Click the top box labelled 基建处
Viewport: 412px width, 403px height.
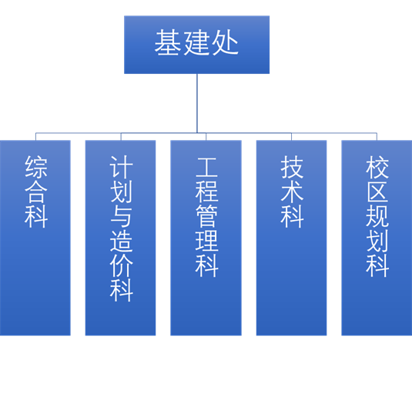point(197,45)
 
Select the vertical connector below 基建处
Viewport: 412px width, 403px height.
point(197,103)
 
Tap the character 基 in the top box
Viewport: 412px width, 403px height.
point(167,42)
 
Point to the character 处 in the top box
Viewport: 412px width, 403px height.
point(225,42)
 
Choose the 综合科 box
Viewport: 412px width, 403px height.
point(35,238)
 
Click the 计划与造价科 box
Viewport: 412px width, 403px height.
point(121,238)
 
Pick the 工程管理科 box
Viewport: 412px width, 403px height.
point(206,238)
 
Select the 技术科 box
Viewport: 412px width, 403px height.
point(291,238)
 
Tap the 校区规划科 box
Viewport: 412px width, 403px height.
point(377,238)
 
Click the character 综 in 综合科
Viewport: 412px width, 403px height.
point(36,167)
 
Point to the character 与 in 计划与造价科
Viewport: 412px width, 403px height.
point(121,216)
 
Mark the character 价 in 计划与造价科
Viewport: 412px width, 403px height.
point(121,265)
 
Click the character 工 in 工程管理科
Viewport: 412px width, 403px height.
point(206,167)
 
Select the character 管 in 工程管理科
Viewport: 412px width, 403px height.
point(206,216)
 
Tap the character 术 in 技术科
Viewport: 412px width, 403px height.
point(292,192)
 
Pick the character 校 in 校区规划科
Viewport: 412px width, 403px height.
point(377,167)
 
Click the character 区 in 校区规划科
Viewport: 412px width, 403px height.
point(377,192)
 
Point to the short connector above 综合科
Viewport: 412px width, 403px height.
point(35,136)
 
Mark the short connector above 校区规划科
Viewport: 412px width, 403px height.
point(377,136)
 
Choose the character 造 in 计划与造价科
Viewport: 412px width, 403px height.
point(121,241)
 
